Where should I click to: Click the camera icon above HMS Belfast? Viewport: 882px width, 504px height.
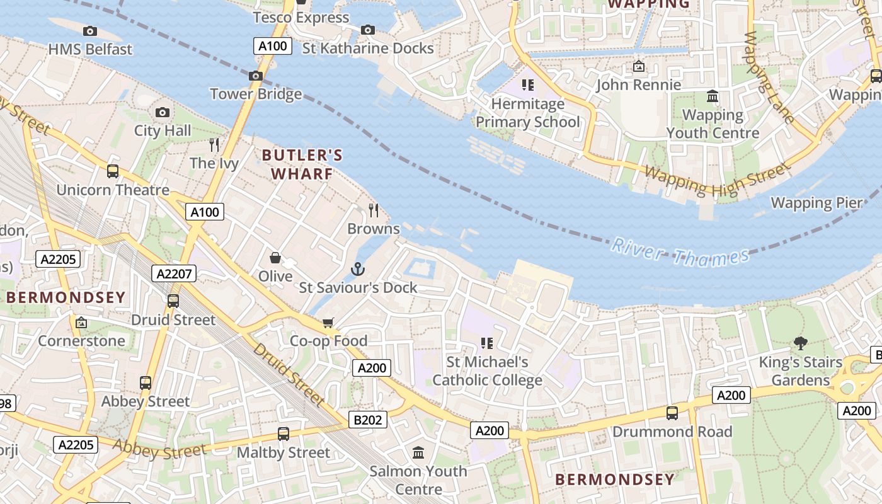coord(90,31)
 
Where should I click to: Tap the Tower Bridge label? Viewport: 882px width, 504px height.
coord(256,94)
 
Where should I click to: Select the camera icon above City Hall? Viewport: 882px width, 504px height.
coord(163,113)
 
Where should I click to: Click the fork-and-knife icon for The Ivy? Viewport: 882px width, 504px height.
coord(214,145)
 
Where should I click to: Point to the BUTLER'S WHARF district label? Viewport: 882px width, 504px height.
coord(302,164)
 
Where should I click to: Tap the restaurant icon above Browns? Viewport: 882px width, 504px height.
coord(374,210)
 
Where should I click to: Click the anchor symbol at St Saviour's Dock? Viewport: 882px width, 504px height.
coord(358,269)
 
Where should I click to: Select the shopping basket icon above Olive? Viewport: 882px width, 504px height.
coord(275,258)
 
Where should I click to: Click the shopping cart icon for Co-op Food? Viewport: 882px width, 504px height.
coord(328,323)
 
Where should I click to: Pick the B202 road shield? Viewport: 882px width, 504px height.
coord(368,419)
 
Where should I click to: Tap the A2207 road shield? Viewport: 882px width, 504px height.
coord(174,273)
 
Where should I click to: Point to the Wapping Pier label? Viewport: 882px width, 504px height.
coord(816,203)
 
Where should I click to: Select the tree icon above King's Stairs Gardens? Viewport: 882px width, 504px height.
coord(800,343)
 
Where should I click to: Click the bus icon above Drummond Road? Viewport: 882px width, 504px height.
coord(672,413)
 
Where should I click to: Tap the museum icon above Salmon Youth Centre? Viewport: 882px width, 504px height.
coord(418,452)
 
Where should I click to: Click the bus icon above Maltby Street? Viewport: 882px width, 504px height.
coord(283,434)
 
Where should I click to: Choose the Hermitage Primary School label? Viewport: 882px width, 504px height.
coord(527,113)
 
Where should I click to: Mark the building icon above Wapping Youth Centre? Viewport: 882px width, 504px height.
coord(713,96)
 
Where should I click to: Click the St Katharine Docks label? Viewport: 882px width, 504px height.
coord(368,49)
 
